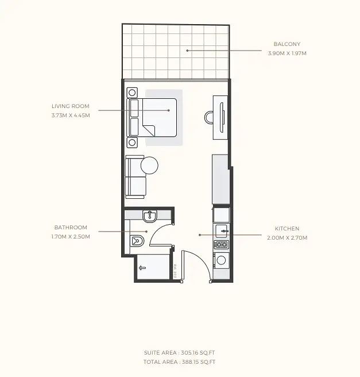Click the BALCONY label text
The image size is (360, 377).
coord(287,44)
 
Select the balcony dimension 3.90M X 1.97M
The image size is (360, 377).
coord(287,53)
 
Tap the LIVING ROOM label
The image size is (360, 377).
coord(71,106)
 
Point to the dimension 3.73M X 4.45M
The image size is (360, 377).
coord(71,116)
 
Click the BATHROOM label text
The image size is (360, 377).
coord(71,228)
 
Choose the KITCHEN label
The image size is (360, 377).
coord(287,229)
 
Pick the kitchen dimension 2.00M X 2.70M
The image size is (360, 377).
coord(287,238)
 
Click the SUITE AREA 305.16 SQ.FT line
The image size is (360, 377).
coord(179,353)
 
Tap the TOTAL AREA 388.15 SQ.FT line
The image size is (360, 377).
coord(179,362)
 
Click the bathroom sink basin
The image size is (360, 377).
coord(150,216)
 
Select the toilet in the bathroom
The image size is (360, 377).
coord(137,241)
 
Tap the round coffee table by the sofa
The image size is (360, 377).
coord(149,166)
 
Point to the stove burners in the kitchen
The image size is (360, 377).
coord(221,245)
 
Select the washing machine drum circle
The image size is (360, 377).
coord(221,260)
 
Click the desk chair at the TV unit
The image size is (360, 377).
coord(208,117)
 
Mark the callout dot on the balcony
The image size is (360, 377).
coord(187,51)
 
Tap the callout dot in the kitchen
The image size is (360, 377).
coord(200,235)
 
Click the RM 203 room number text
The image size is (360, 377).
coord(175,271)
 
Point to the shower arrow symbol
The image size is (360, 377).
coord(142,268)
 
